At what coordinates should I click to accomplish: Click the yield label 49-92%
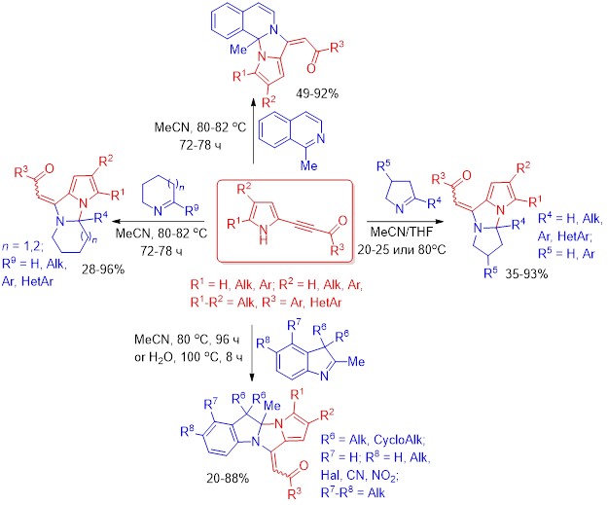(x=317, y=93)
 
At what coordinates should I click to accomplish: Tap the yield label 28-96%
(x=103, y=270)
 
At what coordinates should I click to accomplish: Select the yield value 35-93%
(x=526, y=274)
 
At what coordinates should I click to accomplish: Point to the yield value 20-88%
(x=228, y=479)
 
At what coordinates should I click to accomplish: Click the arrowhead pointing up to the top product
(x=253, y=102)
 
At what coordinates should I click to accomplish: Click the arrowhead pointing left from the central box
(x=115, y=222)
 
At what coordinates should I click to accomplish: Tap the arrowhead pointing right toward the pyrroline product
(x=439, y=222)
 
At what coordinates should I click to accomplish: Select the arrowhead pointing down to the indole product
(x=252, y=377)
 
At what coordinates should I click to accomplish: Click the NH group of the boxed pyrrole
(x=264, y=235)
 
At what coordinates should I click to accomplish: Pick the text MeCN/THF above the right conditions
(x=402, y=232)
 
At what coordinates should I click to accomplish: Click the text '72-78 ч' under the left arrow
(x=161, y=251)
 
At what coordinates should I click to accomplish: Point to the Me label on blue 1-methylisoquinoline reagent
(x=309, y=165)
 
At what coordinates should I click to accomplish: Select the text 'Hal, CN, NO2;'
(x=360, y=475)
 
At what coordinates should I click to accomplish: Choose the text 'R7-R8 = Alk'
(x=353, y=491)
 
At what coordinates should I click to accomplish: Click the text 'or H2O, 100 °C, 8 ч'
(x=189, y=356)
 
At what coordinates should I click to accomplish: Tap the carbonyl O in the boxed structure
(x=342, y=221)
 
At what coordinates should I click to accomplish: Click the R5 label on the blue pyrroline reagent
(x=384, y=167)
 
